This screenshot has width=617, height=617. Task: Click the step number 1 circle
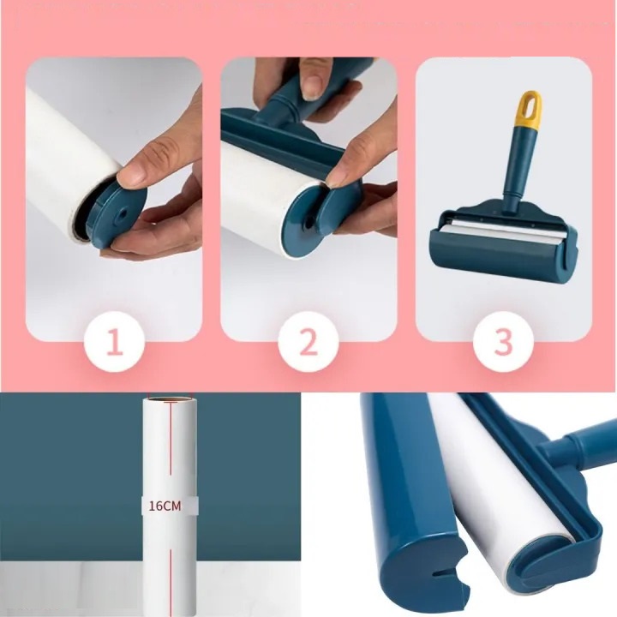click(x=115, y=342)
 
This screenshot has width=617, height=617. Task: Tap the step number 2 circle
click(x=308, y=342)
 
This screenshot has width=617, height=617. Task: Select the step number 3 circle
click(x=503, y=342)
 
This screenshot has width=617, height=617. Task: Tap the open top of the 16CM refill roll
click(x=170, y=400)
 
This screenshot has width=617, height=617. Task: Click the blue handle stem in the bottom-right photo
click(x=578, y=445)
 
